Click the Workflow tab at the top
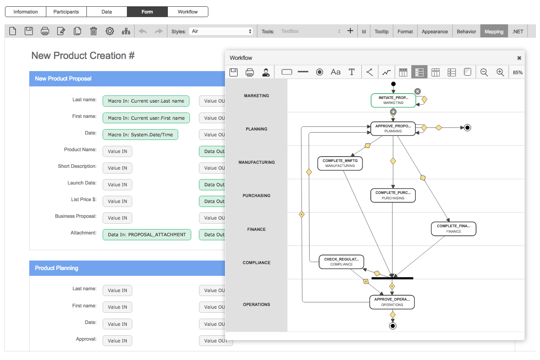[188, 12]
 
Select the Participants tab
[66, 12]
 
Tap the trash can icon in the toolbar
[94, 31]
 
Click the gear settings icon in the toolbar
[110, 31]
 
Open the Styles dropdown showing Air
[221, 31]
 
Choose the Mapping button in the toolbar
[494, 31]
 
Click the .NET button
[517, 31]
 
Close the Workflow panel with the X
[519, 58]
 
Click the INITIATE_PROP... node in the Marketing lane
[393, 100]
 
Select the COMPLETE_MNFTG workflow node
[340, 163]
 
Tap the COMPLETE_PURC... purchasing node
[393, 195]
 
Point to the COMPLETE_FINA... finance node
[454, 229]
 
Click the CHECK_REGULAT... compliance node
[341, 262]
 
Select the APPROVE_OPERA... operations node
[392, 302]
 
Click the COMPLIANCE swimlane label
[256, 263]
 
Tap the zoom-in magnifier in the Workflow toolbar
[500, 72]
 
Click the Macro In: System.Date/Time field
[140, 135]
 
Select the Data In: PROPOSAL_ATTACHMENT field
[147, 234]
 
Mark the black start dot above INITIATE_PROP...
[393, 84]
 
